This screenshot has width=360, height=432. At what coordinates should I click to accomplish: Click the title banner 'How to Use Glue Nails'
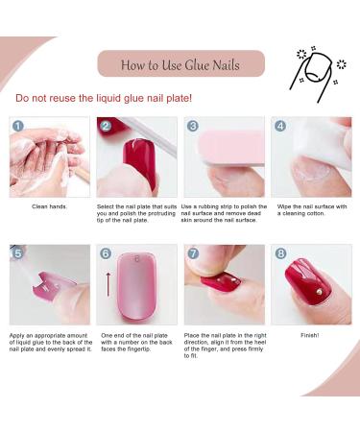pyautogui.click(x=180, y=65)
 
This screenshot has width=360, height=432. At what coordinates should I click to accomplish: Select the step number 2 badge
pyautogui.click(x=106, y=126)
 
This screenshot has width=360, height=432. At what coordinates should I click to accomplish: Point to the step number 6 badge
pyautogui.click(x=106, y=253)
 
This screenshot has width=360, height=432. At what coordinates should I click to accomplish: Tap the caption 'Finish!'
pyautogui.click(x=310, y=335)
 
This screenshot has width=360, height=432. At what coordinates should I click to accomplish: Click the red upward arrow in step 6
pyautogui.click(x=108, y=285)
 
